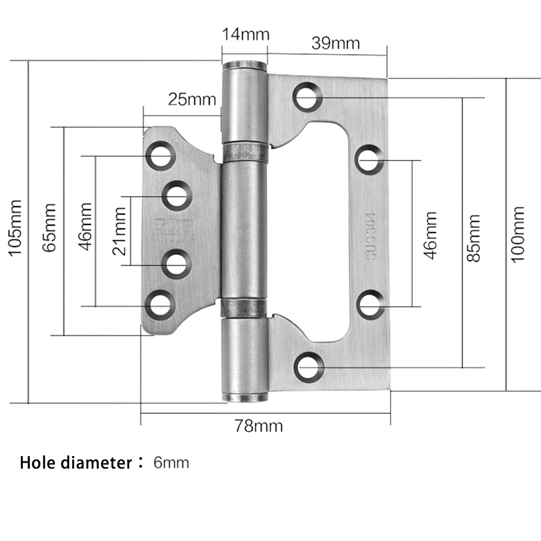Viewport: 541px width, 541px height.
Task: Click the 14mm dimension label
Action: (x=245, y=35)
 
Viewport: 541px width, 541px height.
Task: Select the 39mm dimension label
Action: (x=335, y=43)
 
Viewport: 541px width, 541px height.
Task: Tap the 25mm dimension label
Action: (x=192, y=99)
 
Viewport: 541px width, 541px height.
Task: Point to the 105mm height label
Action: (x=15, y=228)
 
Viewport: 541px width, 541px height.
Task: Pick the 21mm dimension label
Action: (x=120, y=231)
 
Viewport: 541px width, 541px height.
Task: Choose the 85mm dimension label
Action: (x=473, y=238)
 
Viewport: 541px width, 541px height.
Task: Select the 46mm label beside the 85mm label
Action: (x=430, y=236)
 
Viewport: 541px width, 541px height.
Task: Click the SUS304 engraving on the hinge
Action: (x=371, y=236)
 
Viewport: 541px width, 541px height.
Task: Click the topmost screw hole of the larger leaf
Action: (x=307, y=97)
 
